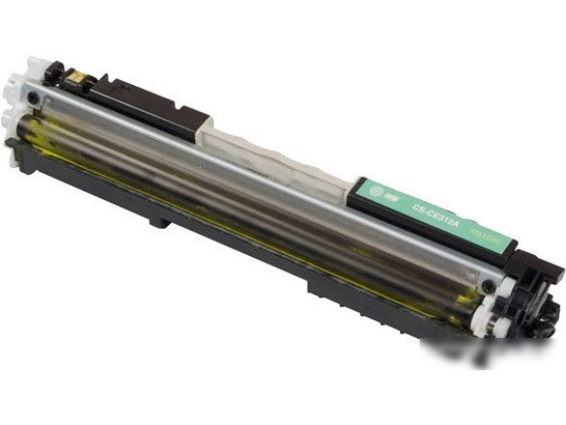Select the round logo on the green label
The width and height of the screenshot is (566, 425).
(374, 189)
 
